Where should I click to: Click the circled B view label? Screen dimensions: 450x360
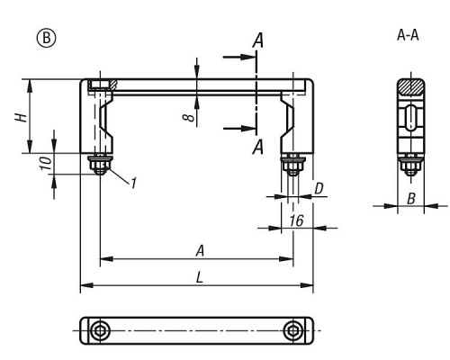pos(46,39)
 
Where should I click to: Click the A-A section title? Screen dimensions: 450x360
pos(408,35)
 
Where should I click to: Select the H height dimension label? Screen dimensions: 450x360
pos(22,117)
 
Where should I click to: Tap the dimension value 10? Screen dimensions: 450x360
pos(47,163)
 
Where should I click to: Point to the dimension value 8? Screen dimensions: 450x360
pos(189,117)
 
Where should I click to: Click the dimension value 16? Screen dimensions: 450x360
pos(296,220)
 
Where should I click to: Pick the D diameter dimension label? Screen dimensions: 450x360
pos(319,189)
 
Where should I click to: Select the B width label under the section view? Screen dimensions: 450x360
pos(411,199)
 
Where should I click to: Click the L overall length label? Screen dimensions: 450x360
pos(200,277)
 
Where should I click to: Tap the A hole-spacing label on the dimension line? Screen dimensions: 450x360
pos(200,251)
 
